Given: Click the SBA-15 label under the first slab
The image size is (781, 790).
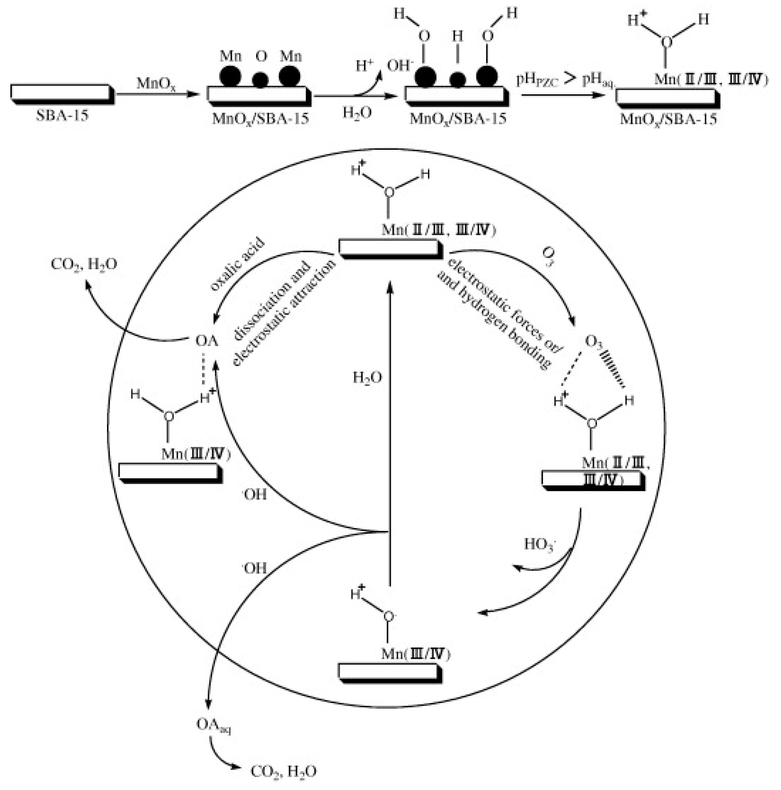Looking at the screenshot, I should pos(62,116).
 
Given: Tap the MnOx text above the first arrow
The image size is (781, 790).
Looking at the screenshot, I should pos(156,84).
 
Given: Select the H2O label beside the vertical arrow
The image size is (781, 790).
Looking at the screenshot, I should pos(367,378).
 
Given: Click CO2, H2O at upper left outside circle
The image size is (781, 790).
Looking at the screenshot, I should pos(84,265).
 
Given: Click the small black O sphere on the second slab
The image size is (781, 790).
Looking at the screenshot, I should pos(260,80).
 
